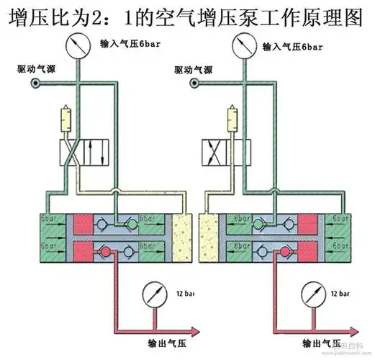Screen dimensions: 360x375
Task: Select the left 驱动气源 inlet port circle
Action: tap(33, 83)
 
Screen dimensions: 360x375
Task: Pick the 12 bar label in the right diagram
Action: tap(340, 294)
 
